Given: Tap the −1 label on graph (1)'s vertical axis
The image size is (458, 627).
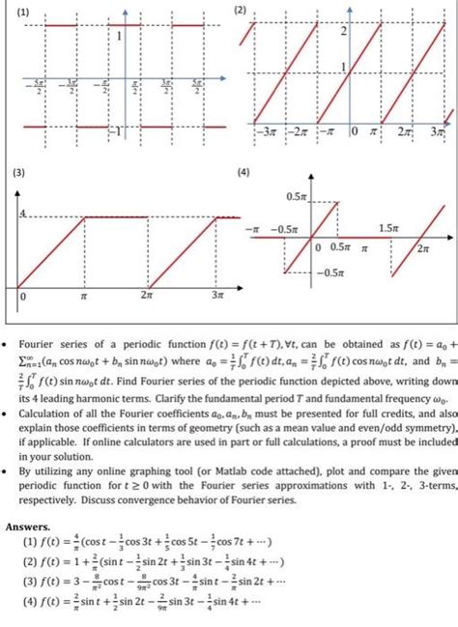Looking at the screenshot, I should pos(114,129).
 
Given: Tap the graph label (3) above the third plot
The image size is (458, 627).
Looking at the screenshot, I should pos(20,175).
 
